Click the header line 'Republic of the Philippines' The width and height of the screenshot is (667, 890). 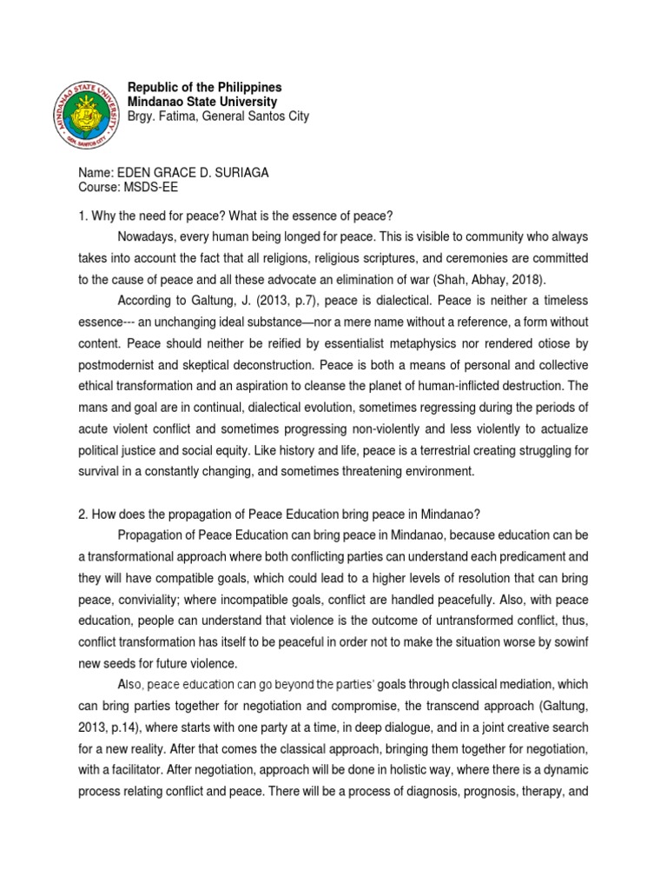[x=204, y=88]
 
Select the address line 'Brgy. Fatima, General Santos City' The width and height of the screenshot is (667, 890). [x=217, y=116]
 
